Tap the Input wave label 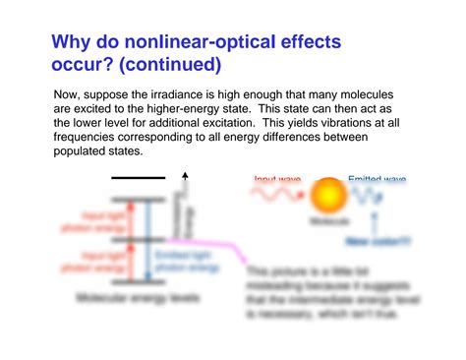(277, 179)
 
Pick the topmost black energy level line (138, 178)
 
